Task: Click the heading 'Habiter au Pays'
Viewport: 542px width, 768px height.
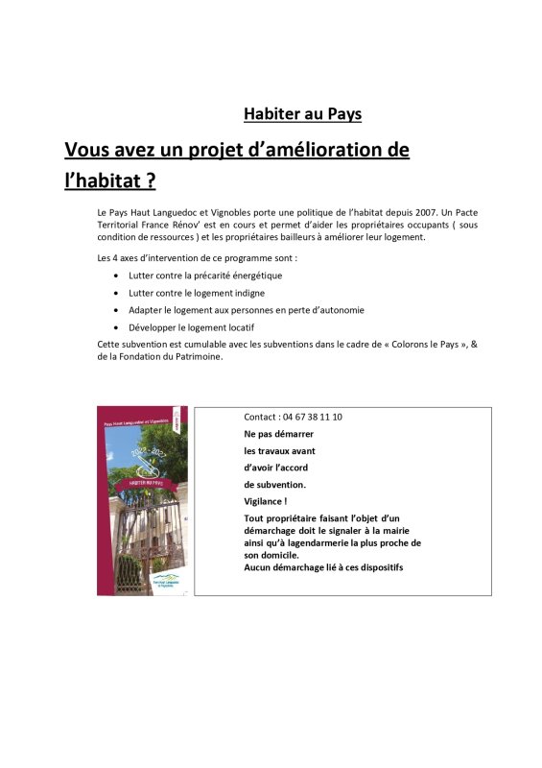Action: tap(302, 114)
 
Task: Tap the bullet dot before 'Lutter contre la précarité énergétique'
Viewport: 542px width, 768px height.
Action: tap(116, 276)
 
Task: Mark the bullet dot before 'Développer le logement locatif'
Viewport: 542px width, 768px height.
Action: tap(116, 327)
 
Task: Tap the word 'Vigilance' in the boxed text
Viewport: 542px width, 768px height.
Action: tap(264, 501)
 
